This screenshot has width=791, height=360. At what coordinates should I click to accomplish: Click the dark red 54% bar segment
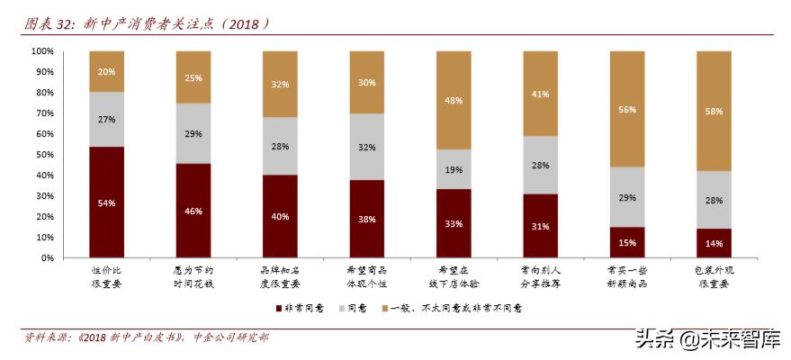tap(106, 202)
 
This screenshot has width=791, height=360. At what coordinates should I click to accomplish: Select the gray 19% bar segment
tap(454, 168)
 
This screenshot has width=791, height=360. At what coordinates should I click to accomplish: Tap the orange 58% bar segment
tap(713, 111)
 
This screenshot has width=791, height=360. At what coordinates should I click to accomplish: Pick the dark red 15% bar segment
tap(627, 242)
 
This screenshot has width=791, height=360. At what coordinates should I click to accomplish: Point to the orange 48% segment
tap(454, 101)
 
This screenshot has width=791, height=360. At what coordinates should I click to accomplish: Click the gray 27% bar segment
tap(106, 120)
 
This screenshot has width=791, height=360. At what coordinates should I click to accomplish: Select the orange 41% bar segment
tap(541, 94)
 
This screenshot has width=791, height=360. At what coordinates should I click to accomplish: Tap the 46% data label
tap(193, 211)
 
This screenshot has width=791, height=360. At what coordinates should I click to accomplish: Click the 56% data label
tap(627, 110)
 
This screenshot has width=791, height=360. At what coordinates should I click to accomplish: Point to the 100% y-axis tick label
tap(42, 51)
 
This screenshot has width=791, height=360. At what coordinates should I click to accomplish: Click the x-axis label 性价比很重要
tap(106, 275)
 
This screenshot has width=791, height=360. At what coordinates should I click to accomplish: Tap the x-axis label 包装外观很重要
tap(713, 275)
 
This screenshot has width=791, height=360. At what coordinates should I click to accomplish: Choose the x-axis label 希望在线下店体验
tap(454, 275)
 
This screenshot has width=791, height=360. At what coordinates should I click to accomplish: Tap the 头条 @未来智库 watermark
tap(707, 339)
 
